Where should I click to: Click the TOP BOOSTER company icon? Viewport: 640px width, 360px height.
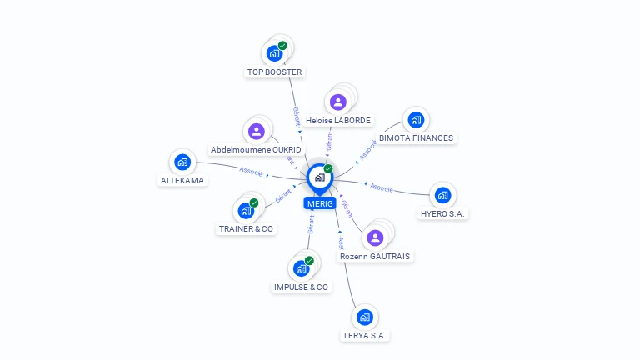[x=274, y=53]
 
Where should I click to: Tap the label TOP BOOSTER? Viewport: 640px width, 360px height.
[x=274, y=72]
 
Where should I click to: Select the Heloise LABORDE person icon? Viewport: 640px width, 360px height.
[x=337, y=102]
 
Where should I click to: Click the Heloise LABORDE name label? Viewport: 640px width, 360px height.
[x=338, y=120]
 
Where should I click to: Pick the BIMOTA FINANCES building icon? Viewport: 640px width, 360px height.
[x=416, y=119]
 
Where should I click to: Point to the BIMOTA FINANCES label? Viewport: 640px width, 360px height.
[x=416, y=137]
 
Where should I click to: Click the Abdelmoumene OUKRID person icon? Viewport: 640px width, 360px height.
[x=257, y=131]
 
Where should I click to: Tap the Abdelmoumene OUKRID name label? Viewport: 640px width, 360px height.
[x=257, y=149]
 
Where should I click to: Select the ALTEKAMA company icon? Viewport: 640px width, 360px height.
[x=182, y=162]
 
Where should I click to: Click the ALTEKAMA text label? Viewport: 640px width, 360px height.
[x=182, y=180]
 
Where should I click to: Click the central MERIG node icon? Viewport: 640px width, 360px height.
[x=318, y=177]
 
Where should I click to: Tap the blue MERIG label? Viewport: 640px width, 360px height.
[x=319, y=203]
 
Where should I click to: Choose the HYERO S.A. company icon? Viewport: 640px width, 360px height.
[x=442, y=195]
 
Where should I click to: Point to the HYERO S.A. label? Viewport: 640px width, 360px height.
[x=443, y=213]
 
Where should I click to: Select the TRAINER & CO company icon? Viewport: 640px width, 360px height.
[x=246, y=210]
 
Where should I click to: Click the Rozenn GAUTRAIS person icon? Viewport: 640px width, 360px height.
[x=375, y=237]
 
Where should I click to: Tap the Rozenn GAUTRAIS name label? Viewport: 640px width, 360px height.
[x=375, y=256]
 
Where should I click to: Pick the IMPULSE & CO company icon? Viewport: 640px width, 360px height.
[x=301, y=268]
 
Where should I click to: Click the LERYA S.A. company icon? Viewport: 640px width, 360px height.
[x=364, y=317]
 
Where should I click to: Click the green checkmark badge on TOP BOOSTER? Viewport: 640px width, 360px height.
[x=282, y=46]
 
